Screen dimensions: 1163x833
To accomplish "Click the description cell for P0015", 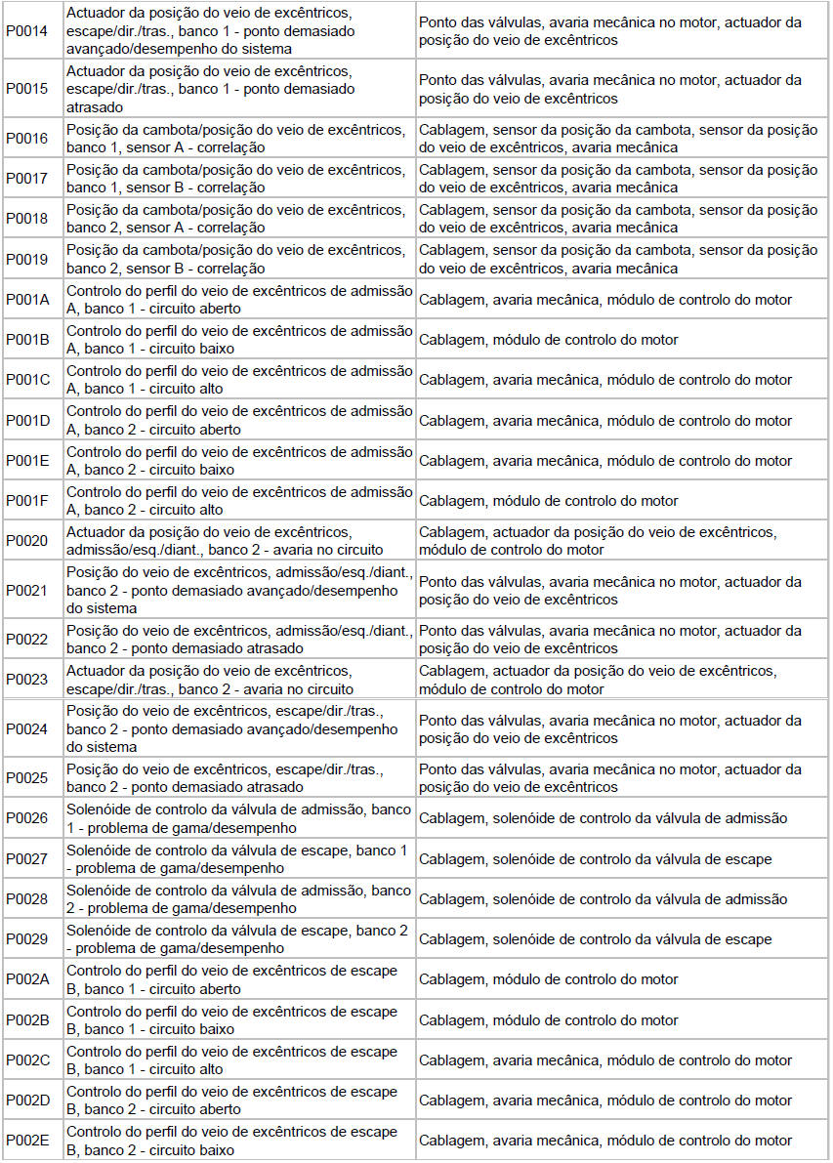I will point(238,89).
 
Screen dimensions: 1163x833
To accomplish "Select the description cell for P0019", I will point(238,260).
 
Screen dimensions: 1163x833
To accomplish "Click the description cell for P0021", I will point(238,590).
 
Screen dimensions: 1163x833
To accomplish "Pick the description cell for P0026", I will point(238,818).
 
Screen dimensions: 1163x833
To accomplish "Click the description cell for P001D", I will point(238,420).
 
